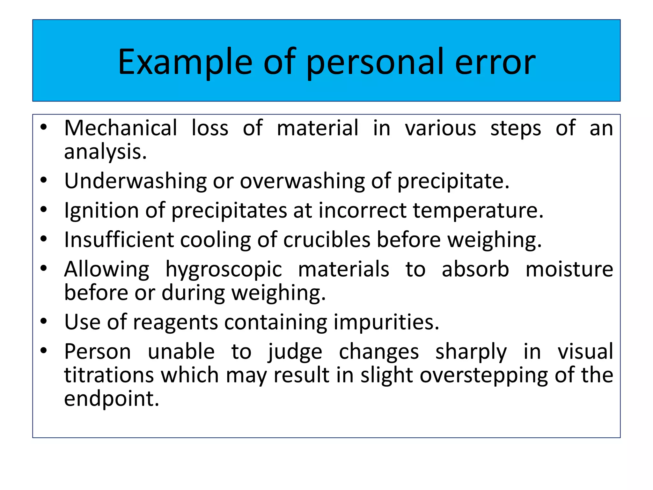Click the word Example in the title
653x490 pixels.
pos(185,62)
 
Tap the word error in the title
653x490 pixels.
pos(495,62)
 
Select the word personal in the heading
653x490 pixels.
pos(375,62)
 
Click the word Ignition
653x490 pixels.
pos(101,211)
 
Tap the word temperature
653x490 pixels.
pos(478,211)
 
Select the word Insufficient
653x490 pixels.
pos(119,240)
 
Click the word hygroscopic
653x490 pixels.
pos(224,270)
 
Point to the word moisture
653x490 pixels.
pos(569,270)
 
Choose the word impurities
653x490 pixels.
pos(386,322)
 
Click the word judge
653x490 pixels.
pos(295,352)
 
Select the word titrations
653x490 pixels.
pos(109,375)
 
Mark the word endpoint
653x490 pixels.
pos(111,399)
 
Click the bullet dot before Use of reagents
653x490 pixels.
pos(44,321)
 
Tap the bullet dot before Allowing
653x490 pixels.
pos(44,268)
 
